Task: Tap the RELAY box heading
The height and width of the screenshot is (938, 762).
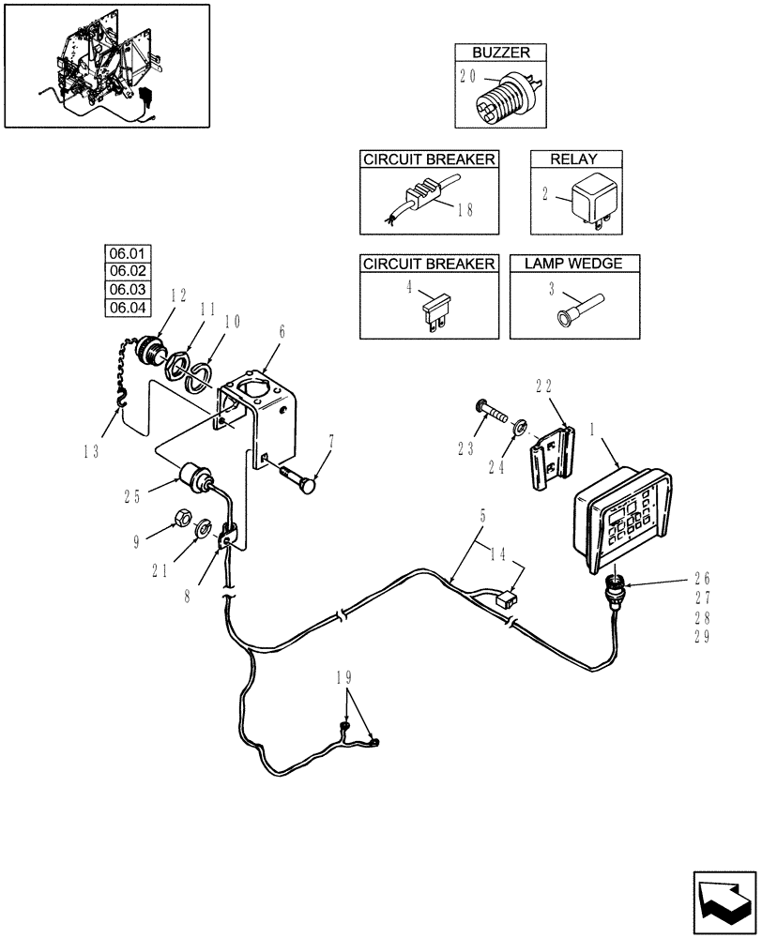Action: pos(575,159)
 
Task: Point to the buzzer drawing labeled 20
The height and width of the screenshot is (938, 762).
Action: pos(503,97)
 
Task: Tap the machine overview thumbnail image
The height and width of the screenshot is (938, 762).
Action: pos(106,65)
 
